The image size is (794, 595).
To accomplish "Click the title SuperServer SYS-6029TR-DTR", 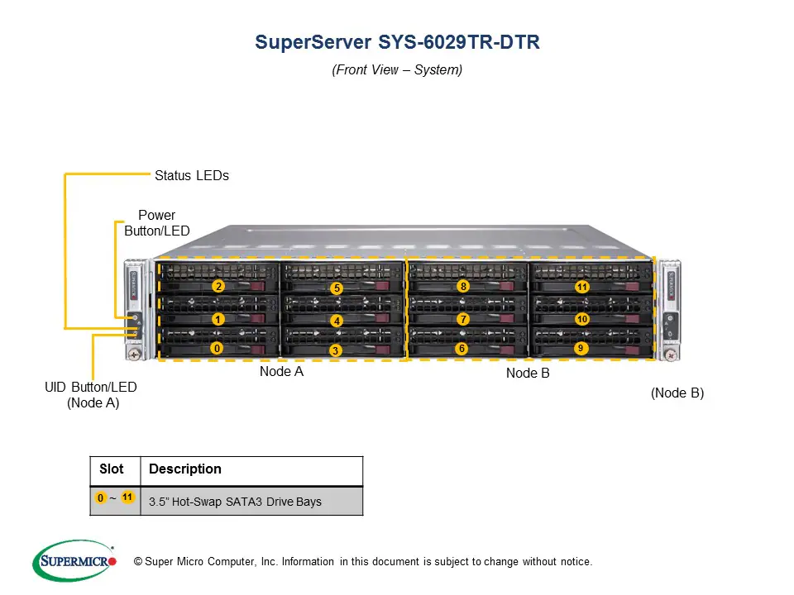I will click(x=397, y=42).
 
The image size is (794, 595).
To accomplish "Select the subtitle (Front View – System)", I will click(x=397, y=70).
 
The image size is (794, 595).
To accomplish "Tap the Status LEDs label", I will click(x=191, y=175).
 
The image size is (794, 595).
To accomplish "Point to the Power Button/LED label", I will click(x=156, y=223).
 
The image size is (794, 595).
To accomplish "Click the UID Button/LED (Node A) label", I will click(x=91, y=394).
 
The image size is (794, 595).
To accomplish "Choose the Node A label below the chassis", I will click(x=281, y=372).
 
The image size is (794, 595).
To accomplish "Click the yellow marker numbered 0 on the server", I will click(x=217, y=349).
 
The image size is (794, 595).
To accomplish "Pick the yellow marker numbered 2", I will click(x=218, y=287).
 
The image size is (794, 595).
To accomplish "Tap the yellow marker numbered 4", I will click(x=336, y=321).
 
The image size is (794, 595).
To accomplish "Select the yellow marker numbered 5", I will click(x=336, y=288).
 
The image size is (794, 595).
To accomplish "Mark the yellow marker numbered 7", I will click(x=463, y=319).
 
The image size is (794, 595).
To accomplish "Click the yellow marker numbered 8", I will click(x=463, y=287).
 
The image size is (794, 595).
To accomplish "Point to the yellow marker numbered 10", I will click(x=582, y=319).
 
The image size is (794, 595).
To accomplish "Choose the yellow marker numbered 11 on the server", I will click(x=582, y=288).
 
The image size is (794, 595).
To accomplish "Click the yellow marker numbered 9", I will click(x=581, y=349).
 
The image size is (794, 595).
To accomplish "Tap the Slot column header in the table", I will click(x=112, y=469).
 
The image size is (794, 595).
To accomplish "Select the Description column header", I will click(x=185, y=469).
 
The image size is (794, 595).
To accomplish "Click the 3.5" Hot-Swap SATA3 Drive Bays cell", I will click(x=235, y=502).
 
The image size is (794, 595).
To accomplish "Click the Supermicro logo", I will click(x=74, y=562).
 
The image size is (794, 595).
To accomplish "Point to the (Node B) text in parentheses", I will click(x=677, y=393).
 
